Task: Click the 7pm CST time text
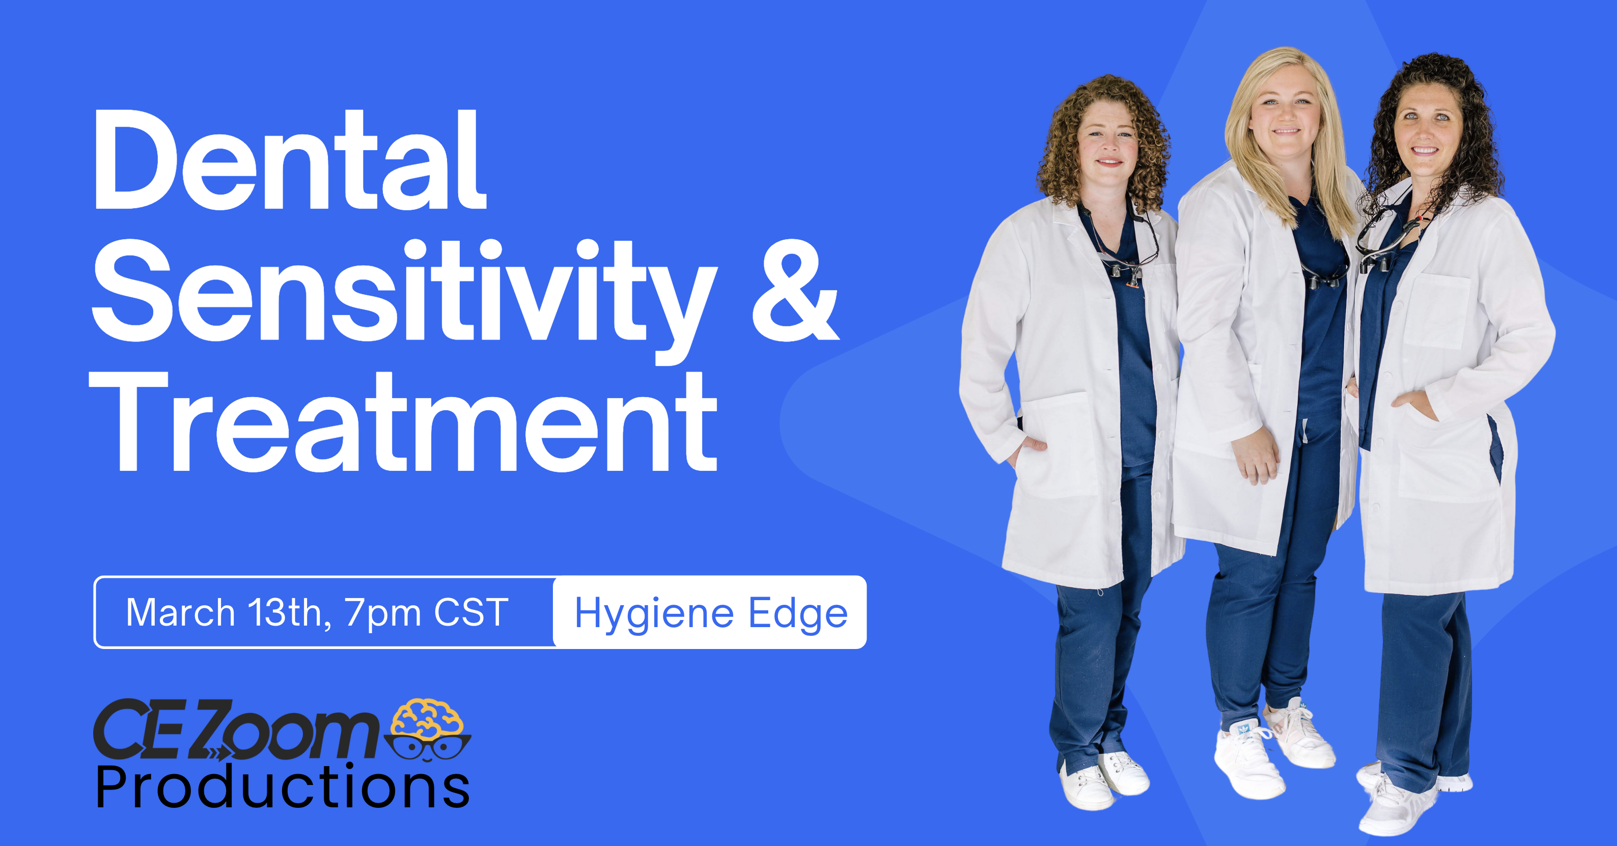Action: [427, 612]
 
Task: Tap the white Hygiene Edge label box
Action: [710, 612]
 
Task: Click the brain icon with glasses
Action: [429, 729]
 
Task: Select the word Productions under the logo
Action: [283, 787]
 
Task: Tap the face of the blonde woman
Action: [1283, 121]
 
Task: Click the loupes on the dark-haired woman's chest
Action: [1381, 251]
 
